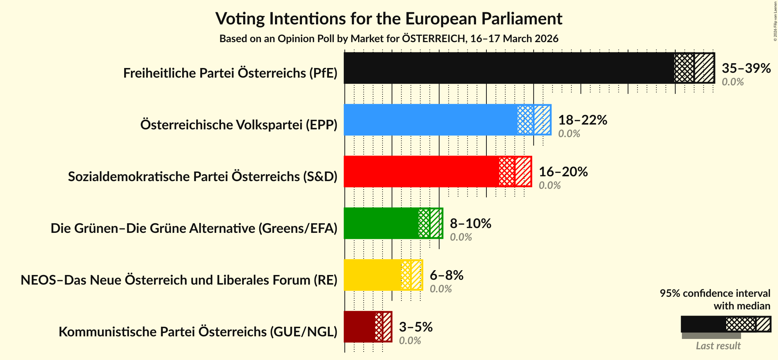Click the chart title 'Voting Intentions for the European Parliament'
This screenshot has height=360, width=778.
tap(388, 18)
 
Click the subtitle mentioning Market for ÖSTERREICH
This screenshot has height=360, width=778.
tap(388, 39)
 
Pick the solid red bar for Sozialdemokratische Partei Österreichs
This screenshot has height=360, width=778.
tap(421, 171)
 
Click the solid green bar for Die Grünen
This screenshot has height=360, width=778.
tap(381, 223)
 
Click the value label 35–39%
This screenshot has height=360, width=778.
tap(746, 68)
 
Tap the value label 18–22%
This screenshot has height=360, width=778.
tap(582, 120)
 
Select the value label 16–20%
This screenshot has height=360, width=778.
tap(563, 172)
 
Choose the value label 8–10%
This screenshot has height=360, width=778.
tap(470, 224)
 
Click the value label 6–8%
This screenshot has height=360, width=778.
tap(446, 275)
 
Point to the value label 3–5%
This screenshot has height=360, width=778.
tap(415, 327)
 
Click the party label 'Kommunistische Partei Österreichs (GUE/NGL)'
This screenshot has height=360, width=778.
tap(198, 332)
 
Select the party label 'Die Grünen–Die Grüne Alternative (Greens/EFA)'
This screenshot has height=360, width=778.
tap(194, 228)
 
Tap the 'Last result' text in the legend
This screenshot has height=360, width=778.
tap(718, 346)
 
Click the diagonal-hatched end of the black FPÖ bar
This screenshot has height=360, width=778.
tap(704, 68)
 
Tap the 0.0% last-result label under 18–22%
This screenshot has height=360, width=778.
tap(569, 134)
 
